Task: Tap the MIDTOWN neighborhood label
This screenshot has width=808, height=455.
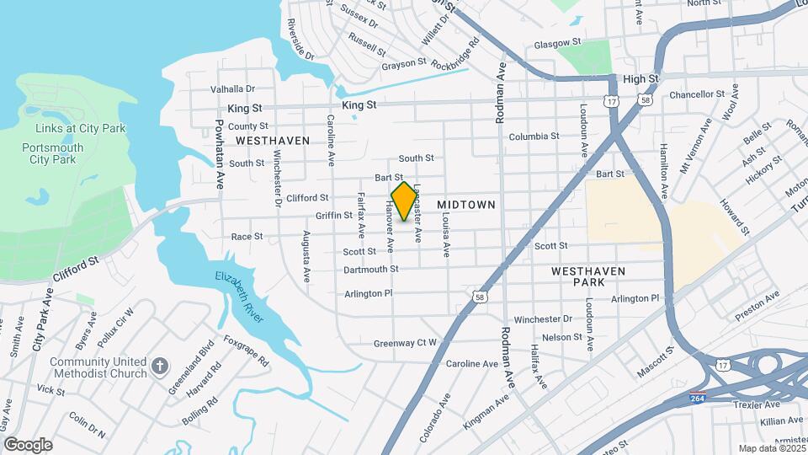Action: (x=466, y=205)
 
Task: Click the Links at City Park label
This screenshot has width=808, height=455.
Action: (x=81, y=128)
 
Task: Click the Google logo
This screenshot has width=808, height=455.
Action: (x=28, y=444)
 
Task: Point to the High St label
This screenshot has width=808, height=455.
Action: (x=641, y=79)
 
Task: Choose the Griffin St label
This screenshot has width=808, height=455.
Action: (x=333, y=216)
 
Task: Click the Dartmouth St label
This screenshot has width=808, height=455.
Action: (x=370, y=270)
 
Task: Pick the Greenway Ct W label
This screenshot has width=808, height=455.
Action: (x=405, y=343)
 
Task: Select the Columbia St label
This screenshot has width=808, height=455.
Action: (x=534, y=136)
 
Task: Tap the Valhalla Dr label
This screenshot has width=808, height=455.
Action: (x=232, y=88)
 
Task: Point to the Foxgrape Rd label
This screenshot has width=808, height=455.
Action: (x=246, y=351)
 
